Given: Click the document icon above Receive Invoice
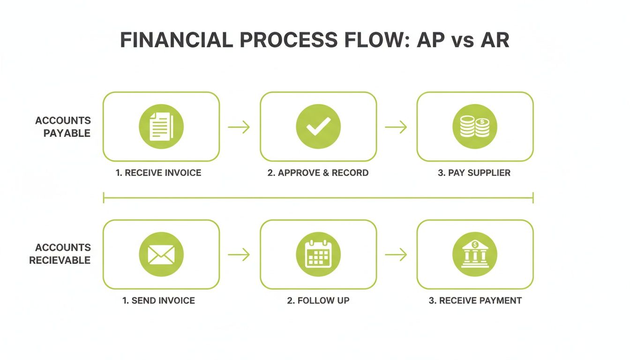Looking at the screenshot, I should pyautogui.click(x=161, y=127).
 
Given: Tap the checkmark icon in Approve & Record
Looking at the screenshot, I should pyautogui.click(x=318, y=127).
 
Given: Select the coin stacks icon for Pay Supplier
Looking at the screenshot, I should pyautogui.click(x=474, y=127).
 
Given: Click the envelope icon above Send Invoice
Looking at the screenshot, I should pyautogui.click(x=161, y=255).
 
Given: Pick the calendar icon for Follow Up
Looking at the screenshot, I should pyautogui.click(x=318, y=255).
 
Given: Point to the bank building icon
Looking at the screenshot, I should pyautogui.click(x=474, y=255).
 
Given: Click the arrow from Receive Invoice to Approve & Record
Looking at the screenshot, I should pyautogui.click(x=239, y=127).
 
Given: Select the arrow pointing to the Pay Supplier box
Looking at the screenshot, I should pyautogui.click(x=396, y=127).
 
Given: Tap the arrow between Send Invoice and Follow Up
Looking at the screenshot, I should pyautogui.click(x=239, y=255).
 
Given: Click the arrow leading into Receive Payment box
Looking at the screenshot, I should pyautogui.click(x=396, y=255).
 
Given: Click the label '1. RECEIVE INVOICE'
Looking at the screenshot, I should pyautogui.click(x=158, y=173).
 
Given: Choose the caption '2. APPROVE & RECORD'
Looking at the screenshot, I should pyautogui.click(x=318, y=173).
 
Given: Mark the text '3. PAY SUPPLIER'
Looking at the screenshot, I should pyautogui.click(x=474, y=173).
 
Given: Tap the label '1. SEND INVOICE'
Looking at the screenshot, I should pyautogui.click(x=158, y=300).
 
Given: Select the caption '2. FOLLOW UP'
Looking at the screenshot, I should pyautogui.click(x=318, y=300).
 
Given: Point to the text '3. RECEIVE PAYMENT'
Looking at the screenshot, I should pyautogui.click(x=475, y=300).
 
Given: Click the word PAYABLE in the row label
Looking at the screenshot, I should pyautogui.click(x=67, y=134).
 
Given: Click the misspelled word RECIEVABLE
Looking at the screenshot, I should pyautogui.click(x=60, y=261).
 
